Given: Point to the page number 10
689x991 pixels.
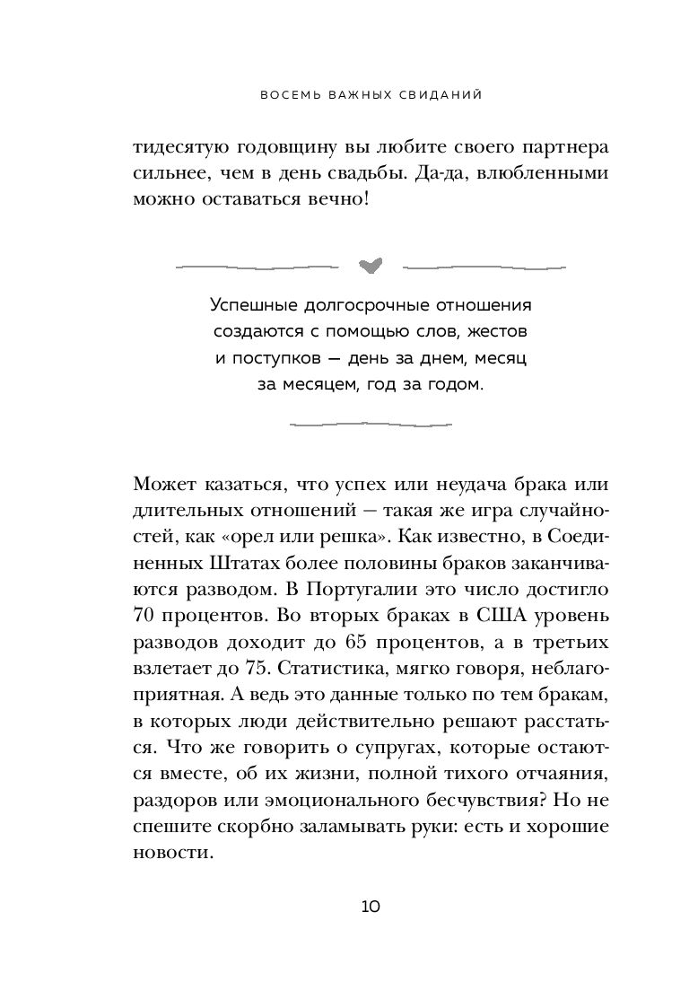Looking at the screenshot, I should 371,906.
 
